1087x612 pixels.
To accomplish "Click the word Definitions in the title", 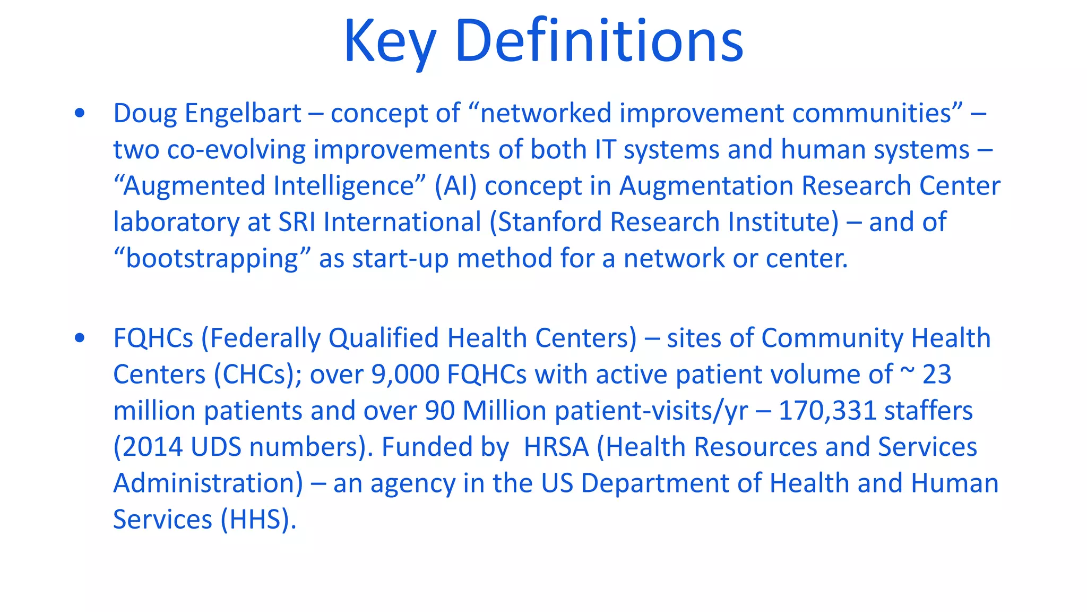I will pyautogui.click(x=599, y=41).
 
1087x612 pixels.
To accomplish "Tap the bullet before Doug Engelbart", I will pyautogui.click(x=80, y=113).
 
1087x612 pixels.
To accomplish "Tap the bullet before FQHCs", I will pyautogui.click(x=80, y=338).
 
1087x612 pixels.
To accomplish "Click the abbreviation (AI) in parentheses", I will pyautogui.click(x=455, y=186).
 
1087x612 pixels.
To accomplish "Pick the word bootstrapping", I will pyautogui.click(x=212, y=259).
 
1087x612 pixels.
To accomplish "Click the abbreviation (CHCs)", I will pyautogui.click(x=257, y=375).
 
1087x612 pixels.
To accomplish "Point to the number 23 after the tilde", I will pyautogui.click(x=936, y=375).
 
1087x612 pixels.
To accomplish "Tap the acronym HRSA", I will pyautogui.click(x=556, y=447).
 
